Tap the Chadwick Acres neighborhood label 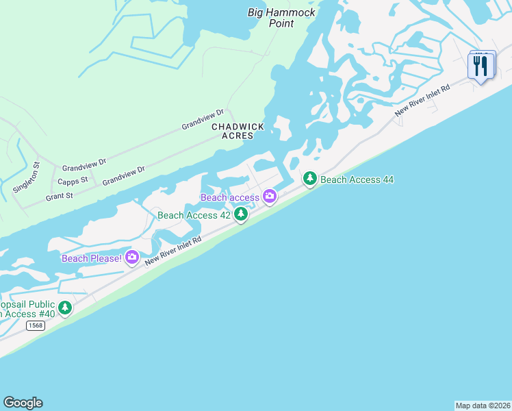click(x=232, y=131)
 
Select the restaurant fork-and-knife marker click(x=481, y=66)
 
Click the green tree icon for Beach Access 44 click(x=310, y=179)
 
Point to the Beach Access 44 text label click(x=357, y=180)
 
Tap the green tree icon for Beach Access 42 click(x=241, y=215)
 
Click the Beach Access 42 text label click(x=194, y=215)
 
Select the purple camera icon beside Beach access click(x=270, y=197)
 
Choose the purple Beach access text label click(x=230, y=198)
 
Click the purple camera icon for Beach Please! click(x=132, y=258)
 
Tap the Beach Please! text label click(x=92, y=258)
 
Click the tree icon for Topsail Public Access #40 click(x=65, y=308)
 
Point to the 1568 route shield click(x=36, y=325)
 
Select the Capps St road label click(x=73, y=181)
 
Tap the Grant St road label click(x=60, y=196)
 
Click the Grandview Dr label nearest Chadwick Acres click(x=203, y=120)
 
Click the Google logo click(x=23, y=403)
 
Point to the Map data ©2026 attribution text click(x=483, y=406)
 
